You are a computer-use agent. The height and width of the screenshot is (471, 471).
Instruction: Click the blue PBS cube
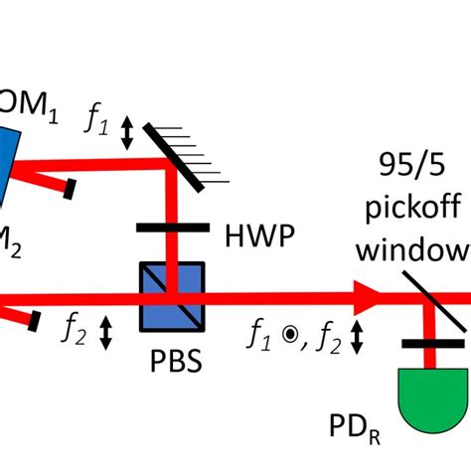172,295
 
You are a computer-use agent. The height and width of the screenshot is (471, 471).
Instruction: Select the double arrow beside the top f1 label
126,131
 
